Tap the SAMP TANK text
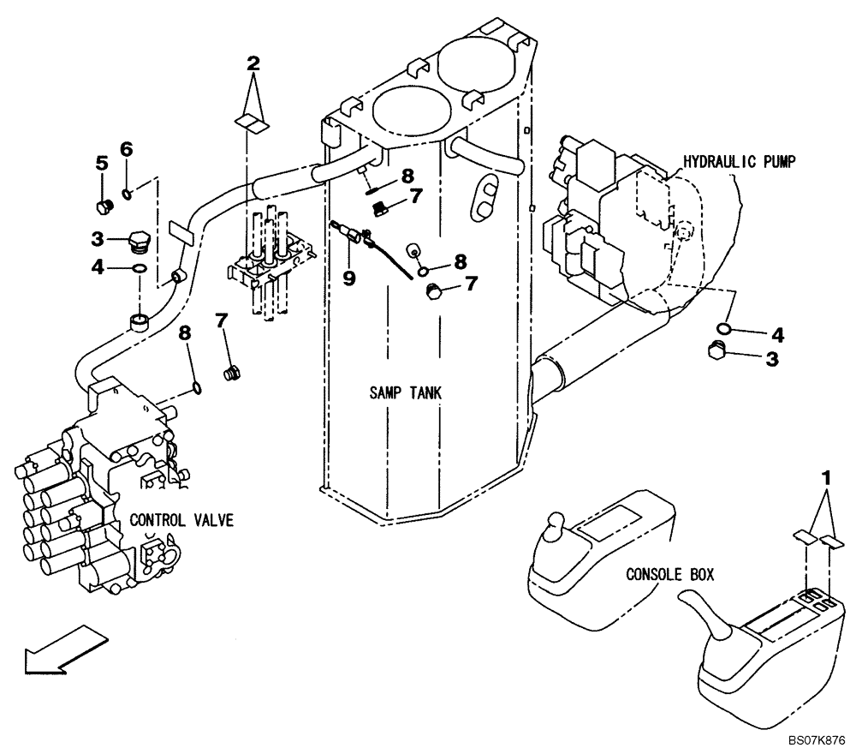(x=405, y=393)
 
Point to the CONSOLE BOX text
(x=669, y=574)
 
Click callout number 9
(x=348, y=278)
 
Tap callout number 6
(x=126, y=148)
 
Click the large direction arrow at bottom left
(x=64, y=649)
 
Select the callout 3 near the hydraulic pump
(x=772, y=361)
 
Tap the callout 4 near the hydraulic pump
(x=778, y=332)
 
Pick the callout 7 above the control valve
(x=222, y=320)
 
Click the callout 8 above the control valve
(x=184, y=332)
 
